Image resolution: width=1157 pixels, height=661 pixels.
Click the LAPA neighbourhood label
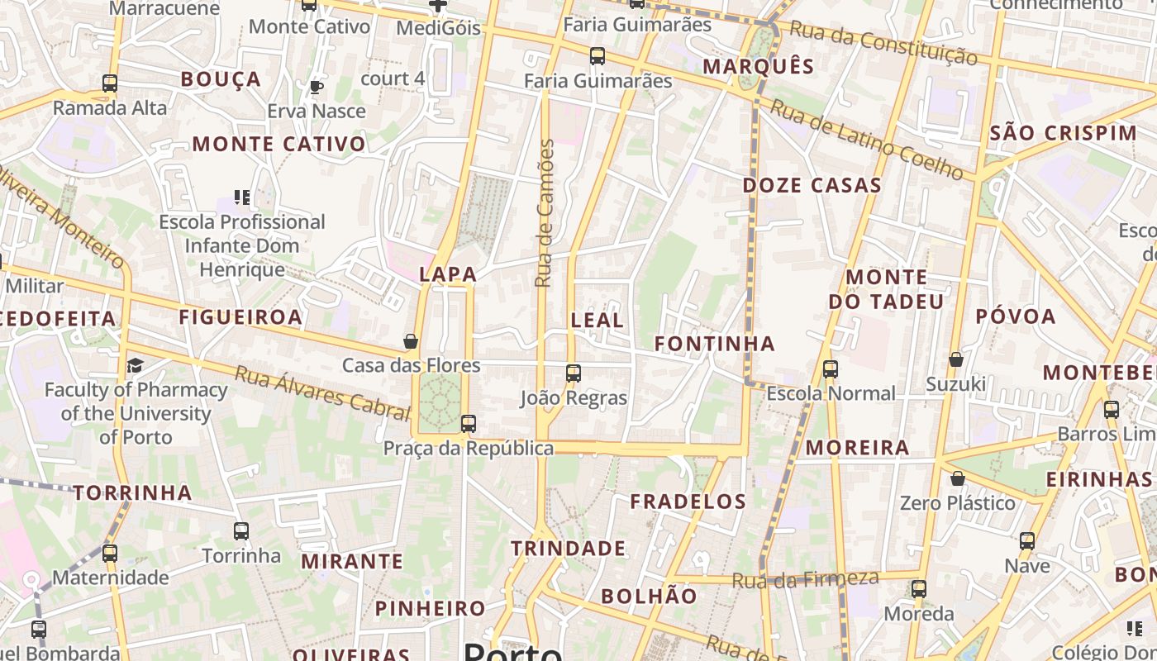[x=448, y=274]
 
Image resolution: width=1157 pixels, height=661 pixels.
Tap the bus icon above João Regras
[x=574, y=373]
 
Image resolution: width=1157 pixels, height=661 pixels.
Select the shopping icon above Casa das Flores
[x=410, y=341]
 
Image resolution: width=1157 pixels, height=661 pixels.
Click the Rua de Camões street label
[x=544, y=213]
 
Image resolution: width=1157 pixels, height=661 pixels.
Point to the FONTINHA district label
[x=715, y=344]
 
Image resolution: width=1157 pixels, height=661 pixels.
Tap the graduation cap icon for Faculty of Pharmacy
[x=135, y=365]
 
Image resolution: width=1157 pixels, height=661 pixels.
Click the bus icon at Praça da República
[x=469, y=424]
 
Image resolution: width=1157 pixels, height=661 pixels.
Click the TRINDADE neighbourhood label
[x=568, y=549]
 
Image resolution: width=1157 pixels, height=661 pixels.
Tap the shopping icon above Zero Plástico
[x=957, y=478]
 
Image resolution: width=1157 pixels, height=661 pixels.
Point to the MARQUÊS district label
[x=759, y=66]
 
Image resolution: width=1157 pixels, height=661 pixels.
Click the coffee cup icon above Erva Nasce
[x=316, y=87]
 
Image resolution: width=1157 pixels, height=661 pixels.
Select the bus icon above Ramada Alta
[x=110, y=83]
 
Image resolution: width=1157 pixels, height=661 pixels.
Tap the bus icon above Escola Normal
[x=831, y=369]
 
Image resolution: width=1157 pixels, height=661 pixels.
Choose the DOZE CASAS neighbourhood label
[x=812, y=186]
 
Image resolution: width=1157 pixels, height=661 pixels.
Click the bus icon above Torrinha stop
[x=241, y=531]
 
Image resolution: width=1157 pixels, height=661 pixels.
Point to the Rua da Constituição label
[x=883, y=43]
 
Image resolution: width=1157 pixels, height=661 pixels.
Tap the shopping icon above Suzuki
[x=956, y=359]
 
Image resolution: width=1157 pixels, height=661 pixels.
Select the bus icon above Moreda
[x=919, y=589]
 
